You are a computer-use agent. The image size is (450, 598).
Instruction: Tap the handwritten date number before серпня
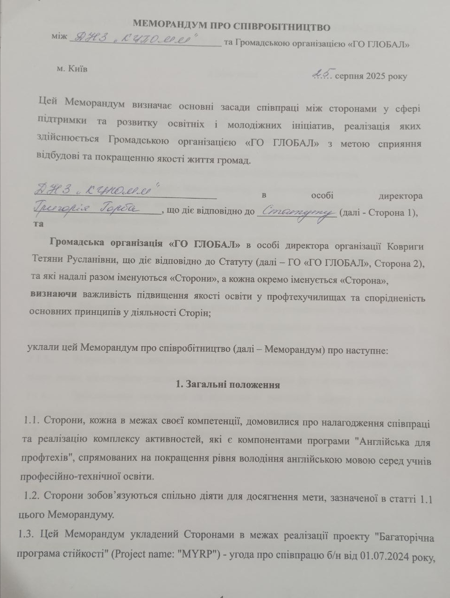click(322, 73)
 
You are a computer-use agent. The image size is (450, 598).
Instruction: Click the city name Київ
click(77, 69)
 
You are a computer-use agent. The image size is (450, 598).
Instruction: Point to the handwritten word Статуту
click(297, 212)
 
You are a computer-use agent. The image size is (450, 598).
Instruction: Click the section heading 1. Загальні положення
click(228, 385)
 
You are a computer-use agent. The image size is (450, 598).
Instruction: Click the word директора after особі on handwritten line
click(401, 196)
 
